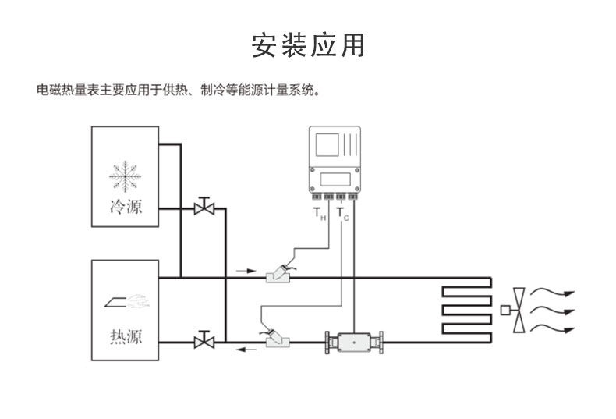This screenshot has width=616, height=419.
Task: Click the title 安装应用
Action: coord(307,44)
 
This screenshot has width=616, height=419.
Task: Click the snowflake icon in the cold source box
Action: coord(125,176)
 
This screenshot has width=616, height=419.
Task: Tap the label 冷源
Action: coord(125,208)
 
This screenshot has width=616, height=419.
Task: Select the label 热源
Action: coord(125,337)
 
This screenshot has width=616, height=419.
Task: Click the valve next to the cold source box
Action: coord(204,208)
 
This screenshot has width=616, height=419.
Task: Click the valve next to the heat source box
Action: coord(204,340)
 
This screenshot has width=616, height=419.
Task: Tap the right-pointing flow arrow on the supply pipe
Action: coord(246,271)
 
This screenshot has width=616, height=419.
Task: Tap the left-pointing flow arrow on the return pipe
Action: coord(246,349)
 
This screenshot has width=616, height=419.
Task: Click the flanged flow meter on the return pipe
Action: coord(355,341)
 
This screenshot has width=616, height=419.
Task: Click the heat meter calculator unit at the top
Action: coord(338,159)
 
